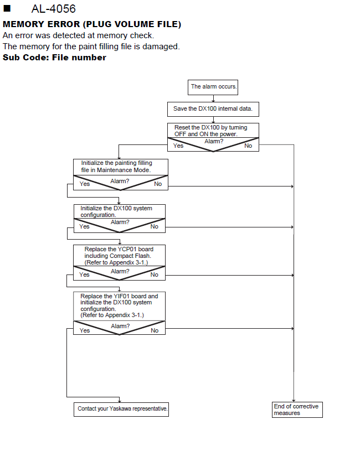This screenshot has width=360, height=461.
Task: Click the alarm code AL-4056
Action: (x=54, y=9)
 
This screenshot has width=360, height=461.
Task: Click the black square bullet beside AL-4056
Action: (x=7, y=8)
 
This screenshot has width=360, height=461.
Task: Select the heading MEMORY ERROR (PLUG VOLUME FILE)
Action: (x=92, y=24)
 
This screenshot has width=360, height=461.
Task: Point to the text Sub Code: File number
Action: (x=54, y=58)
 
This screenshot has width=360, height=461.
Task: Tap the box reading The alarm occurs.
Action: (x=213, y=87)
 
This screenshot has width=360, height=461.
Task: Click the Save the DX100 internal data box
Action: (x=213, y=109)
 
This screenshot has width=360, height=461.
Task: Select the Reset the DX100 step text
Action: (x=210, y=131)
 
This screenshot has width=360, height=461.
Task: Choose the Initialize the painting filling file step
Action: (x=116, y=167)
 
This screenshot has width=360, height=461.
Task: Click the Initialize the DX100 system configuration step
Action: (x=116, y=211)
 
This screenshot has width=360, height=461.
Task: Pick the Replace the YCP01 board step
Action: (x=119, y=256)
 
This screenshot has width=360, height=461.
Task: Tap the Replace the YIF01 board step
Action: (x=119, y=305)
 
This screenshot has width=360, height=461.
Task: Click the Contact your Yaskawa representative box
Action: (x=121, y=410)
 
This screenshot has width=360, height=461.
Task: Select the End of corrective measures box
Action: (x=297, y=410)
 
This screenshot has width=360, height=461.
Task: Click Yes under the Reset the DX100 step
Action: (x=178, y=146)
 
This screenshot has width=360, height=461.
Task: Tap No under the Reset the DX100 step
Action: (x=248, y=146)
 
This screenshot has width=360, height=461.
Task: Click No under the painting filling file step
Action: (x=158, y=184)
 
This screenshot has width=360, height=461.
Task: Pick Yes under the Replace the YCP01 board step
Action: (x=84, y=274)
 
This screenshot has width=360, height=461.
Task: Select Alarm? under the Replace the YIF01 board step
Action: (x=120, y=326)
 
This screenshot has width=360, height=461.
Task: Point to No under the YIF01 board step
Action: (x=155, y=330)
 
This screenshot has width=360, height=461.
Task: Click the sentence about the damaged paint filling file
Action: (x=91, y=46)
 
